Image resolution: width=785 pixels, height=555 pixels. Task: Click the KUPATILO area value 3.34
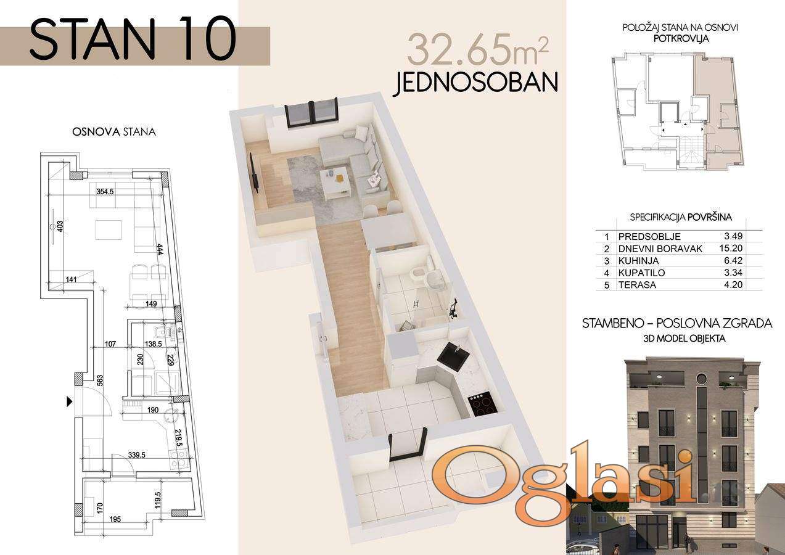tap(733, 273)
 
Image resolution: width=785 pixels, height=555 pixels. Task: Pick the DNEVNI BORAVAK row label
tap(660, 249)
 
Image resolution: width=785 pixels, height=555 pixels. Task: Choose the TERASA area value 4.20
tap(733, 284)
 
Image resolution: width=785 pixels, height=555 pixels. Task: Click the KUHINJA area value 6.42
tap(733, 261)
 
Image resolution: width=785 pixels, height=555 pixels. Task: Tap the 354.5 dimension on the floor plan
tap(105, 192)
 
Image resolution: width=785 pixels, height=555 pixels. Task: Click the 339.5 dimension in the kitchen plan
tap(137, 455)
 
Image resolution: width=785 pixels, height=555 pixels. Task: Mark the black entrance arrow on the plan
tap(70, 401)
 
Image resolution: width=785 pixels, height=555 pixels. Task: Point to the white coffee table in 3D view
tap(336, 182)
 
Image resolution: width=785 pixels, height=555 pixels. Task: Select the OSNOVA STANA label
tap(114, 132)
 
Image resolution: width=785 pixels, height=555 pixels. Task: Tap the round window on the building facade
tap(700, 379)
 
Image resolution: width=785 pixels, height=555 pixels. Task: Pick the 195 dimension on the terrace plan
tap(115, 519)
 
